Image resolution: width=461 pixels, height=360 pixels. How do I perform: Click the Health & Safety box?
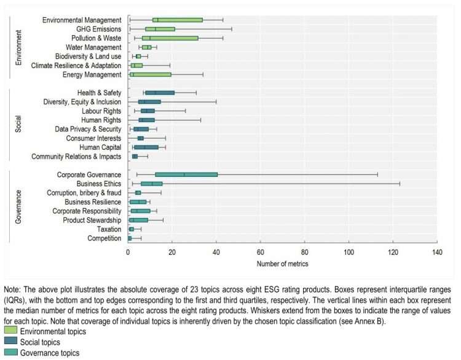pyautogui.click(x=160, y=93)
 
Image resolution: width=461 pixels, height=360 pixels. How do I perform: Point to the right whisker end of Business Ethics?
pyautogui.click(x=400, y=184)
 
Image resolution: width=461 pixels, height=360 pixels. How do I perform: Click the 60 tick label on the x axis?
pyautogui.click(x=260, y=252)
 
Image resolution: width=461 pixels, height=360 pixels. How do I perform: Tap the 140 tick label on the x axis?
pyautogui.click(x=436, y=252)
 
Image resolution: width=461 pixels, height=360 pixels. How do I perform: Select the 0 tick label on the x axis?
pyautogui.click(x=128, y=252)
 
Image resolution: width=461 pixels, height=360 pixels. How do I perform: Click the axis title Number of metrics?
pyautogui.click(x=282, y=264)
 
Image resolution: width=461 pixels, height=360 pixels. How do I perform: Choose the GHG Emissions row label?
pyautogui.click(x=98, y=29)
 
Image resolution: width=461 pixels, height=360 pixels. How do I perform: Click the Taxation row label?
pyautogui.click(x=109, y=229)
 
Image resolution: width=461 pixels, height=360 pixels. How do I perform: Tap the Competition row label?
pyautogui.click(x=104, y=238)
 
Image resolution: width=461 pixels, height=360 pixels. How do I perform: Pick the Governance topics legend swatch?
pyautogui.click(x=10, y=352)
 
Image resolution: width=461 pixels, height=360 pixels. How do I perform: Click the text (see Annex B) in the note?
pyautogui.click(x=366, y=320)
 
